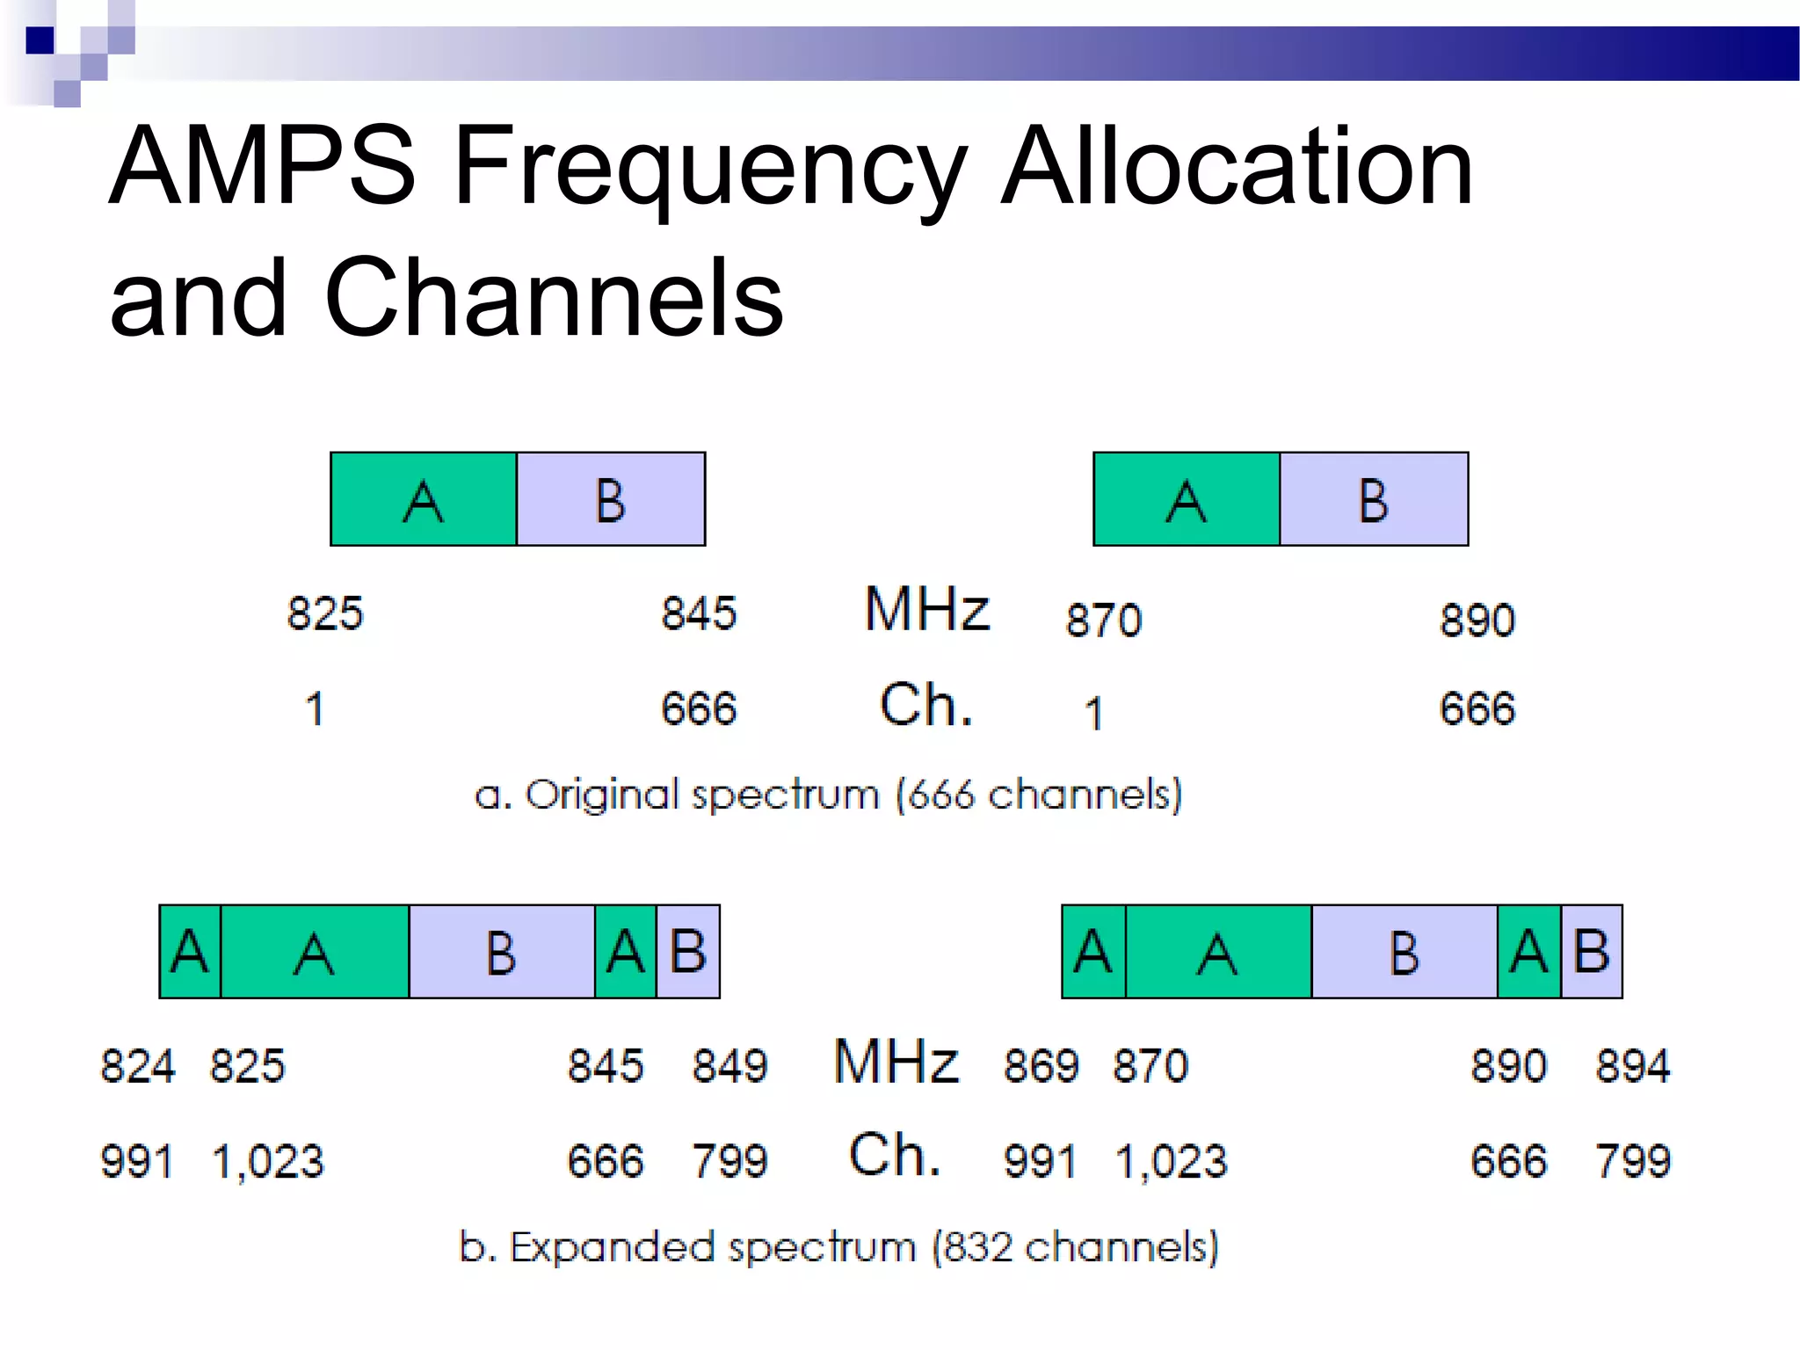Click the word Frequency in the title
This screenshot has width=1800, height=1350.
click(710, 167)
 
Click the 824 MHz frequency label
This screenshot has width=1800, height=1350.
click(138, 1066)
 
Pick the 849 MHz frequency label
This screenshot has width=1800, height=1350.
click(729, 1066)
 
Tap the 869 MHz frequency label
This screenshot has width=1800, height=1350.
click(1041, 1066)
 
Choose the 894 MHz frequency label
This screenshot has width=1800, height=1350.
click(1632, 1066)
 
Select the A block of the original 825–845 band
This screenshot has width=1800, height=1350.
click(424, 499)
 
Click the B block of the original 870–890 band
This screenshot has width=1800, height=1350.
click(1374, 499)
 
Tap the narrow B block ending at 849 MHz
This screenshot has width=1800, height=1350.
click(688, 952)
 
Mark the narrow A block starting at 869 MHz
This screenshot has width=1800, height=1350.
click(1093, 952)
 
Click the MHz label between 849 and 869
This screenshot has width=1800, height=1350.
click(896, 1062)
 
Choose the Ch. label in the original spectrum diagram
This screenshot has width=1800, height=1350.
click(926, 705)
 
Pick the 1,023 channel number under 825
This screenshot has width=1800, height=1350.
click(268, 1162)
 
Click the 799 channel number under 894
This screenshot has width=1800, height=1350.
click(1632, 1161)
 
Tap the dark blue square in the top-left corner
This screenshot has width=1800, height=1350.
click(40, 40)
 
